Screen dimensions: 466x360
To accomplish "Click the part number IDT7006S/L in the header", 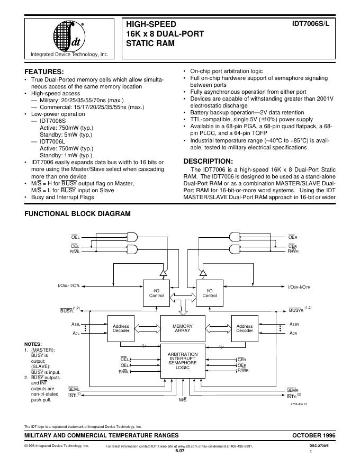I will [311, 24].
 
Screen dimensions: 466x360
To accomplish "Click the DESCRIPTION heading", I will [208, 161].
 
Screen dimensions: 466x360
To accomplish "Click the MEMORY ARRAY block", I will [183, 328].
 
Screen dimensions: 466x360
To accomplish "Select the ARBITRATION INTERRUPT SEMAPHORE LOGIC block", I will [183, 361].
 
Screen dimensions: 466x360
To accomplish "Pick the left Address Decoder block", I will [121, 328].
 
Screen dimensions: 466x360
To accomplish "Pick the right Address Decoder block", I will [245, 328].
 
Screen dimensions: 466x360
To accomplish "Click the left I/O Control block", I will [156, 293].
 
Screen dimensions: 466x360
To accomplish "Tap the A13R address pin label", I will [294, 324].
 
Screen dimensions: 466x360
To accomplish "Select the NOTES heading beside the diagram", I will [33, 344].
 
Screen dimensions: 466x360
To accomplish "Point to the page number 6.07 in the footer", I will [180, 451].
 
